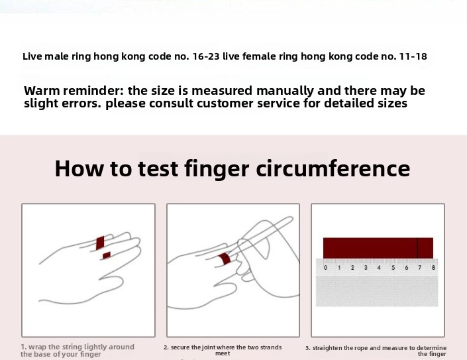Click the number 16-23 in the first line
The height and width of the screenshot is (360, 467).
pos(206,56)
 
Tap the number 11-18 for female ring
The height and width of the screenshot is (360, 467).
pos(413,56)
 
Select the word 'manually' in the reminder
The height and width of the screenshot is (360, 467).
pos(285,91)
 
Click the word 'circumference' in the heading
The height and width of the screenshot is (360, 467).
pos(333,168)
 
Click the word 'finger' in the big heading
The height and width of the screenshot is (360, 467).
pos(217,169)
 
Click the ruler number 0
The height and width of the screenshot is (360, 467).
pos(325,268)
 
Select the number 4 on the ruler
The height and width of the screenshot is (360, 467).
pos(379,268)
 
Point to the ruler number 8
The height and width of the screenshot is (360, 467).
pos(433,268)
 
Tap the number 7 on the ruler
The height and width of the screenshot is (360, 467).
pos(420,268)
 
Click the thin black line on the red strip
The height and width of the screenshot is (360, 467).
pos(417,248)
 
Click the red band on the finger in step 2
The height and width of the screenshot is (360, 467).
pos(225,259)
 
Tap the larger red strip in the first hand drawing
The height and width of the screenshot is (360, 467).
pos(101,243)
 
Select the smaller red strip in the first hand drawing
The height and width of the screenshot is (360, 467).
pos(107,255)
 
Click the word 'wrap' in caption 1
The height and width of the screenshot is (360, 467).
pos(37,347)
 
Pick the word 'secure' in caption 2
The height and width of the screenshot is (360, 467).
pos(180,347)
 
